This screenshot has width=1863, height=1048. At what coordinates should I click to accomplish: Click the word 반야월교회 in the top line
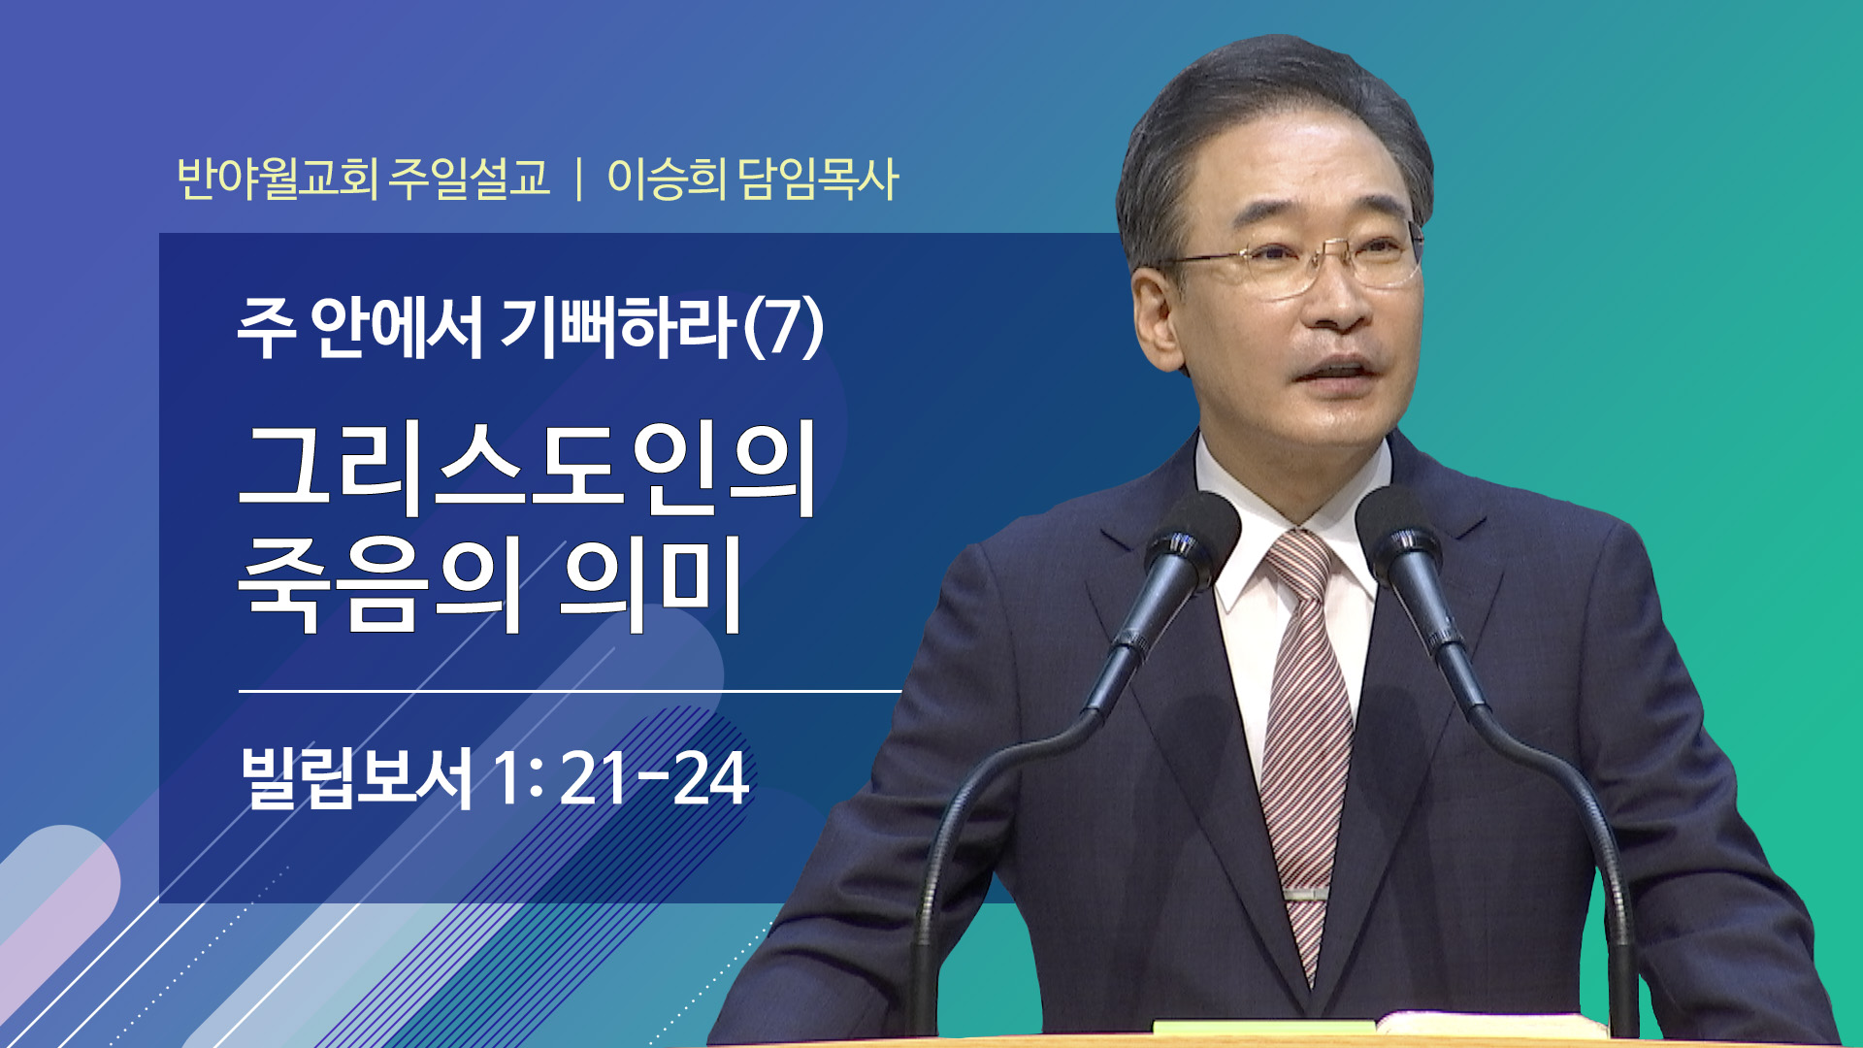coord(278,179)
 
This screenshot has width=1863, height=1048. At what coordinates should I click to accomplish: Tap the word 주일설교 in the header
coord(470,179)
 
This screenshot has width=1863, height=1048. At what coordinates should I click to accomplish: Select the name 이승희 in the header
coord(667,179)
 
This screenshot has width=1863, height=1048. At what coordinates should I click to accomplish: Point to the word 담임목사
coord(818,179)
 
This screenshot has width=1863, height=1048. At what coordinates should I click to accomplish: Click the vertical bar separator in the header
coord(579,180)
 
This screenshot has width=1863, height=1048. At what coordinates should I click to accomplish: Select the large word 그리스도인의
coord(528,469)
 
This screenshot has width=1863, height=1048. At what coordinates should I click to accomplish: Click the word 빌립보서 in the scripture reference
coord(356,777)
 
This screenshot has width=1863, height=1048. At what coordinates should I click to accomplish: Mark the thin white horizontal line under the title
coord(571,691)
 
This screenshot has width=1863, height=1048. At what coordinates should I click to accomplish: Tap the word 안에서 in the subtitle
coord(396,326)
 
